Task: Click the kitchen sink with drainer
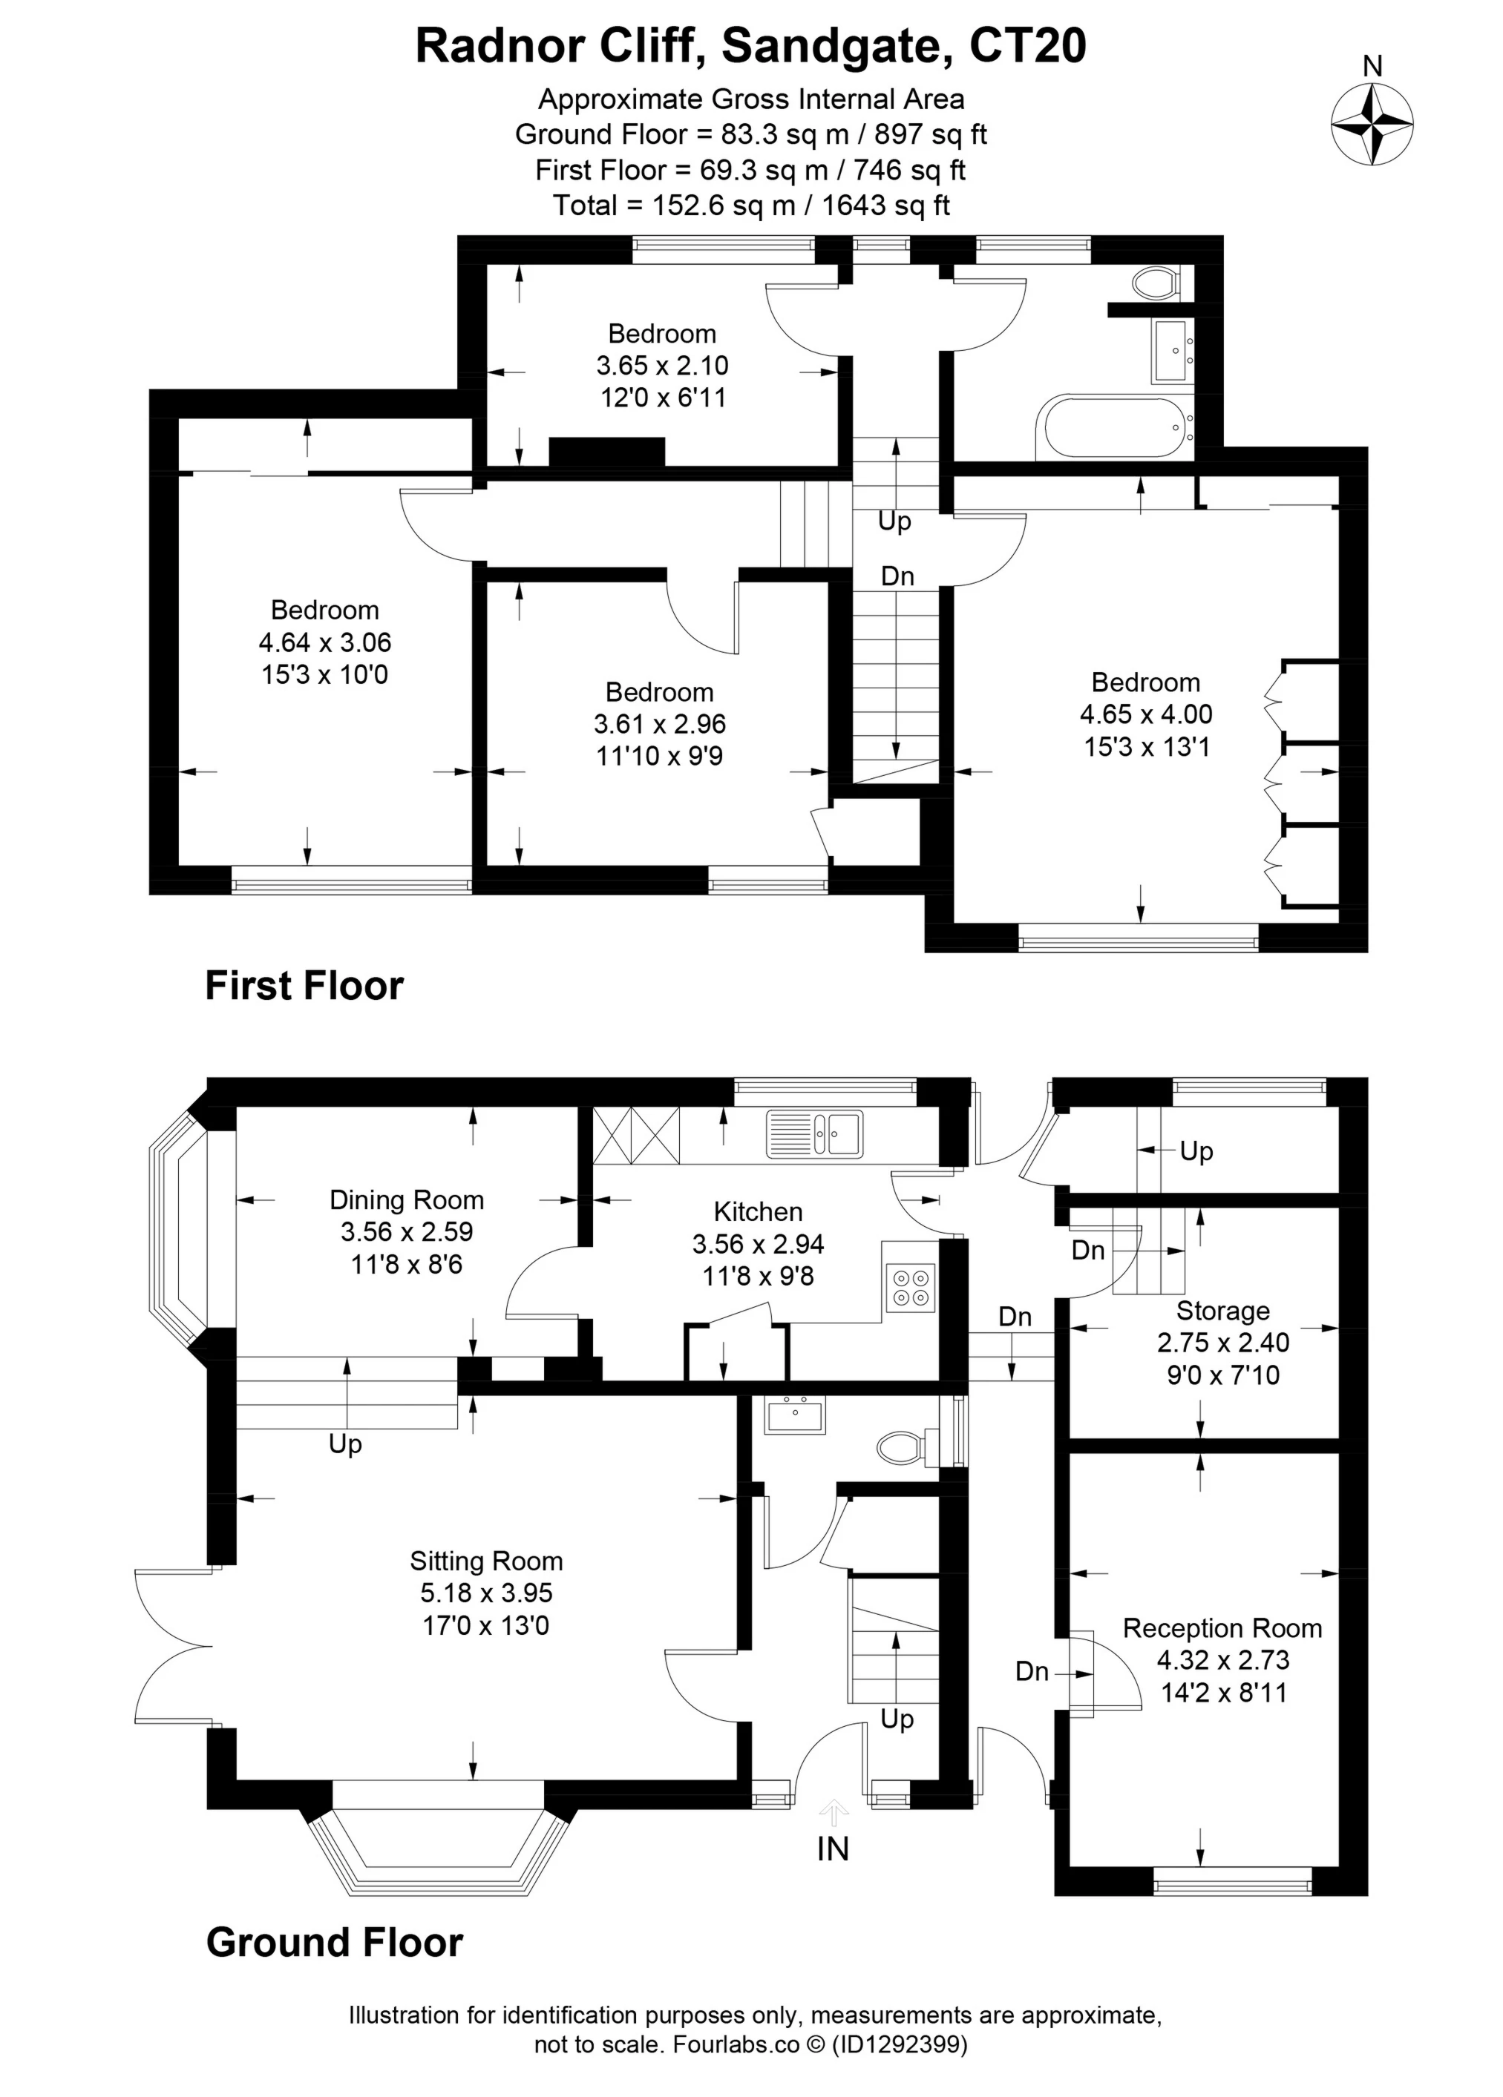point(814,1133)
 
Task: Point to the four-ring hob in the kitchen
point(909,1287)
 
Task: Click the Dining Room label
point(407,1200)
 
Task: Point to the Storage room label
point(1222,1310)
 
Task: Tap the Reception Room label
point(1222,1628)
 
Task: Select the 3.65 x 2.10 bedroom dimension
point(662,365)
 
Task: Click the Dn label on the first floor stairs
point(897,577)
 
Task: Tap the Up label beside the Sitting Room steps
point(345,1444)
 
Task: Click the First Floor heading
point(304,986)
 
